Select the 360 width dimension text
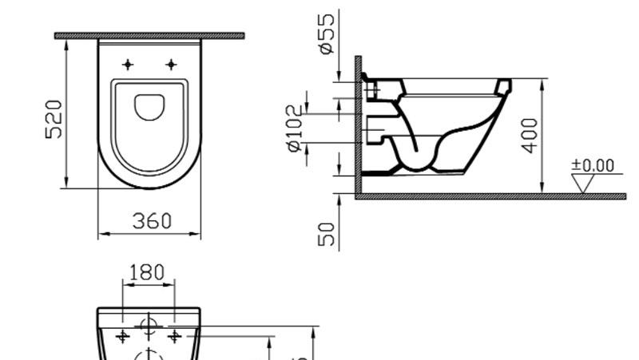click(151, 221)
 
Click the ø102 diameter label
click(296, 129)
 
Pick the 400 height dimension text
click(528, 136)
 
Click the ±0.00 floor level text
click(593, 165)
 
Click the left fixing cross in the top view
click(128, 64)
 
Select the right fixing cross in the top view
click(170, 64)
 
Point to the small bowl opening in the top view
click(149, 106)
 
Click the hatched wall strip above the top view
click(149, 36)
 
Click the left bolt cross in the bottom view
click(122, 337)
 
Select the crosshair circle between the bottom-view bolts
click(148, 325)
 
